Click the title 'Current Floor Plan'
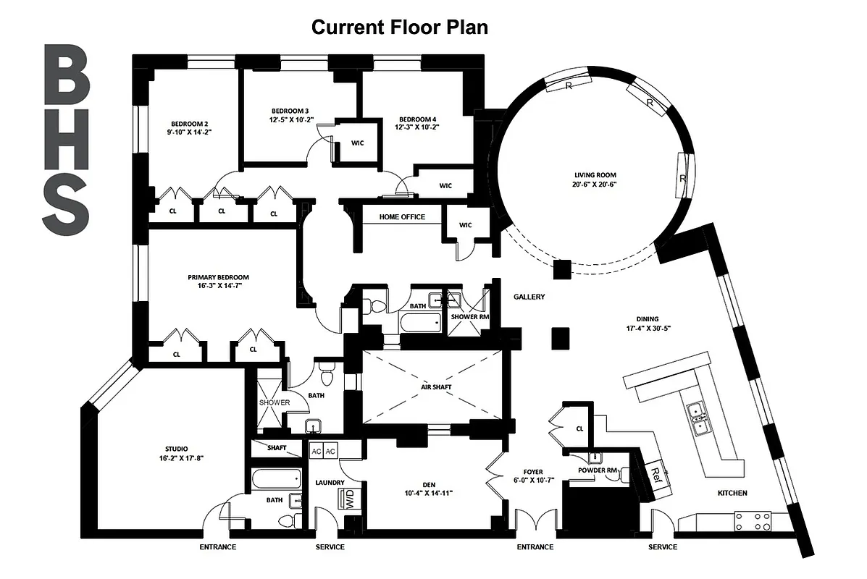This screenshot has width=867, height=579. click(399, 27)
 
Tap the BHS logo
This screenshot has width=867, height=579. click(66, 139)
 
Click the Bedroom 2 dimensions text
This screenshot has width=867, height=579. click(190, 132)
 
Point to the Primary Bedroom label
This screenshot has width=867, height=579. click(218, 277)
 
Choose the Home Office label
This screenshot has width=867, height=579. click(402, 217)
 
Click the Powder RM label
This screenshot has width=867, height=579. click(596, 470)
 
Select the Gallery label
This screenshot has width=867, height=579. click(529, 297)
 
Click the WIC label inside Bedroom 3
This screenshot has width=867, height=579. click(357, 143)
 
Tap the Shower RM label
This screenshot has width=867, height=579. click(465, 317)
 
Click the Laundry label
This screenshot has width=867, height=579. click(329, 483)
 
